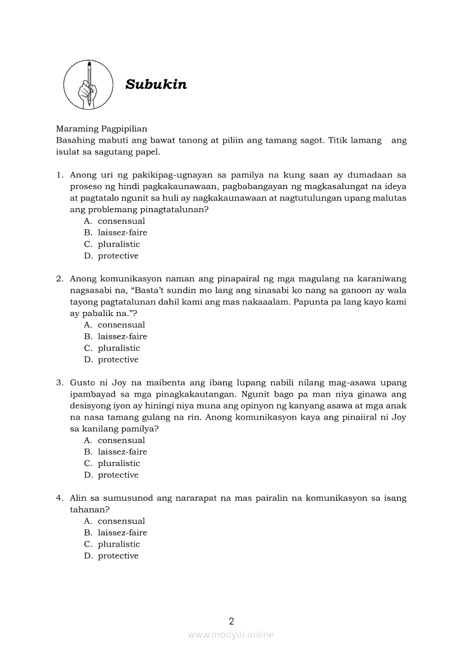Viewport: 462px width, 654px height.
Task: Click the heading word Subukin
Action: coord(156,84)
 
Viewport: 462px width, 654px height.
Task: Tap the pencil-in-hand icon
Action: coord(88,84)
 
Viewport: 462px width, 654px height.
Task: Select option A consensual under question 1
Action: coord(121,221)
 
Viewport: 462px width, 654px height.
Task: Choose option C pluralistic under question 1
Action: coord(119,244)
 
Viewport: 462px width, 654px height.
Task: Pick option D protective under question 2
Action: coord(118,360)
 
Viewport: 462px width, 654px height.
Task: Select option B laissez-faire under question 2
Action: coord(122,336)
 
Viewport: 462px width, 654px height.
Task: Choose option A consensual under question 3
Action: coord(121,440)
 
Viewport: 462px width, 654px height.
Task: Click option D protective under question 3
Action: coord(118,475)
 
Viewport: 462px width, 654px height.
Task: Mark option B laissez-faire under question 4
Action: coord(122,533)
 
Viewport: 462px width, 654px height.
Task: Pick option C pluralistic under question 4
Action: coord(119,544)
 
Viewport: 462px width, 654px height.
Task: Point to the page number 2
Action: coord(231,620)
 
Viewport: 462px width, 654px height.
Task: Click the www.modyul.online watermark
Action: coord(231,634)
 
